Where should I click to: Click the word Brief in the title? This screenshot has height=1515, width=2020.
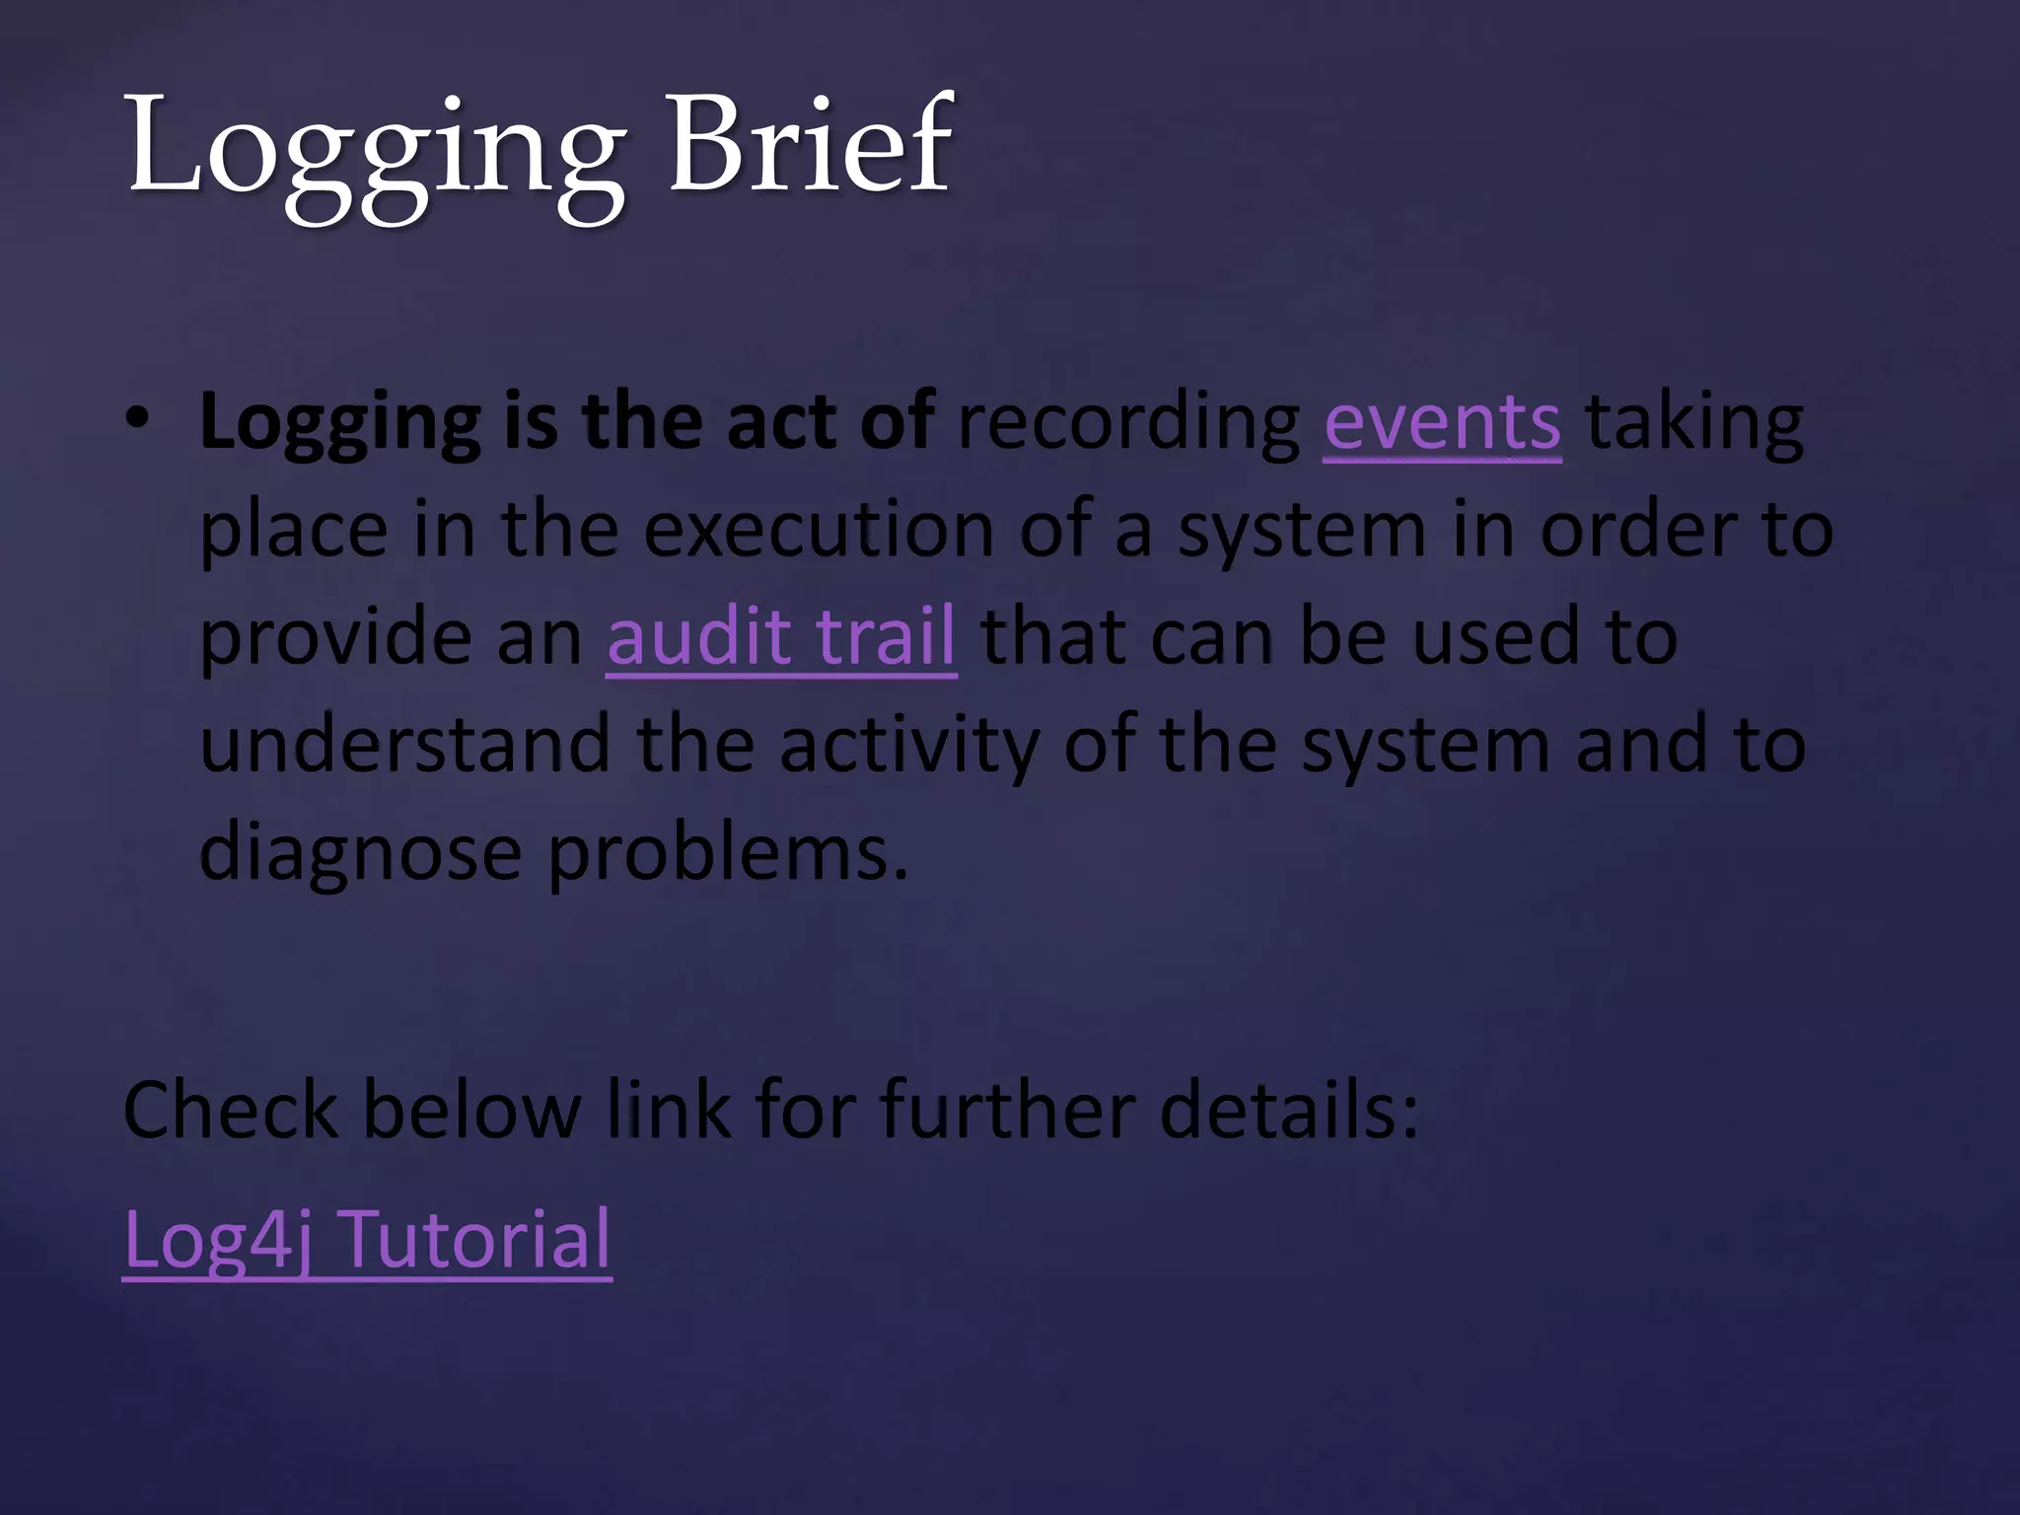pos(811,146)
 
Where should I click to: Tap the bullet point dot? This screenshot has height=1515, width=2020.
pos(138,420)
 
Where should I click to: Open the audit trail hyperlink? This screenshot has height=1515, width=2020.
pos(781,637)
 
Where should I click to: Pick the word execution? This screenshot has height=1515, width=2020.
pos(819,531)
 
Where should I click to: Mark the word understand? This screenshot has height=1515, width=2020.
pos(405,745)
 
